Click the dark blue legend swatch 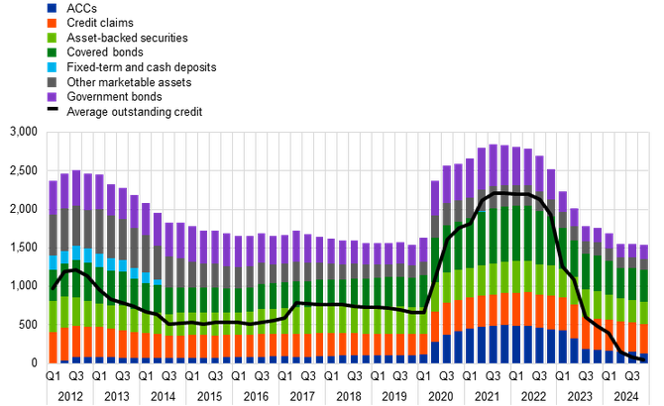pos(52,8)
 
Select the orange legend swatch pos(52,23)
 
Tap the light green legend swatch pos(52,38)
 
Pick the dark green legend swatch pos(52,52)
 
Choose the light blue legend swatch pos(52,67)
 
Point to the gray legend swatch pos(52,82)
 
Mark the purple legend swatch pos(52,97)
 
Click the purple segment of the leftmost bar pos(54,195)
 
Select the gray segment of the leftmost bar pos(54,233)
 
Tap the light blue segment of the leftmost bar pos(54,262)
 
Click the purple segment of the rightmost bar pos(642,252)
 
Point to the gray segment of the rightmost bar pos(642,263)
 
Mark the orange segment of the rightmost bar pos(642,338)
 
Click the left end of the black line pos(48,292)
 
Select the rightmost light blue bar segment pos(157,281)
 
